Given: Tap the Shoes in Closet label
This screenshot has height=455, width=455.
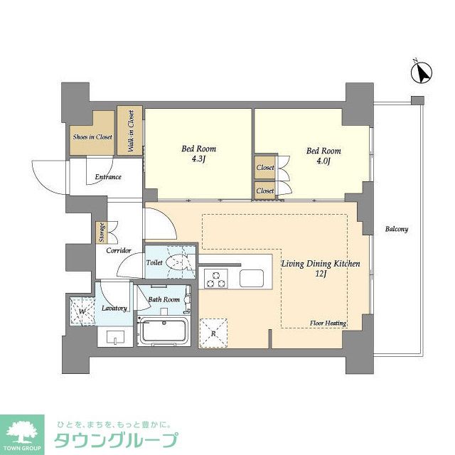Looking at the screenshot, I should (x=92, y=137).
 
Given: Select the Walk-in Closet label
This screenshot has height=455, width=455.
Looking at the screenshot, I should (x=131, y=129).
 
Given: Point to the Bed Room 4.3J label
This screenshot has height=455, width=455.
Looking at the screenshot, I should (x=198, y=154).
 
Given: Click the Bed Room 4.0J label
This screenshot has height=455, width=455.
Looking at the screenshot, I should (x=323, y=156).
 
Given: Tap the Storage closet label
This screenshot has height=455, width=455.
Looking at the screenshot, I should (x=100, y=232).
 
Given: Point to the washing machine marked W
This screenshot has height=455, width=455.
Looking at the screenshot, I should (x=82, y=310).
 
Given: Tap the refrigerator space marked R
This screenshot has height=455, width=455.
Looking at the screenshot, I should (x=213, y=332).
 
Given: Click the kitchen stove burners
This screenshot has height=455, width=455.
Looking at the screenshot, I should (x=215, y=278).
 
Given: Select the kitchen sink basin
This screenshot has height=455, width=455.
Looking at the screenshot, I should (x=252, y=278).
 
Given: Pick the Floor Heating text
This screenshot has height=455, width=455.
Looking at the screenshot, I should (x=328, y=323).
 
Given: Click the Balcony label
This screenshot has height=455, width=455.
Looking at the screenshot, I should (x=397, y=229).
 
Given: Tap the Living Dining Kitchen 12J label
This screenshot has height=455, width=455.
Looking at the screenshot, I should (x=321, y=269).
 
